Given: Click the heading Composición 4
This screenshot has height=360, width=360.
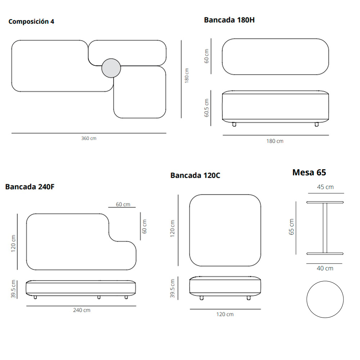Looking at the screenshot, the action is (x=31, y=22).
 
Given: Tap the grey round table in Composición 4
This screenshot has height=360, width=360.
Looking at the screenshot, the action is (x=111, y=68).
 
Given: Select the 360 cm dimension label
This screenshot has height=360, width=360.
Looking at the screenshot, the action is (x=89, y=138).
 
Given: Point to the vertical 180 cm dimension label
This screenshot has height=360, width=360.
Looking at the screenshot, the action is (x=186, y=76).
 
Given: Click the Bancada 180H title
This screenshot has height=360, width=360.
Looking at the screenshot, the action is (x=229, y=20).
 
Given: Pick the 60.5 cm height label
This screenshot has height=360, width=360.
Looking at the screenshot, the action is (x=206, y=108).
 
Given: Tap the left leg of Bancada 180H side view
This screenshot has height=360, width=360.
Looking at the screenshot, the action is (x=234, y=124).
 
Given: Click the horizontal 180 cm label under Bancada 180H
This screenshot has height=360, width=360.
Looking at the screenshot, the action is (x=275, y=141).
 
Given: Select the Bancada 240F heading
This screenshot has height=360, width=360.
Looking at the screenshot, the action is (x=30, y=186).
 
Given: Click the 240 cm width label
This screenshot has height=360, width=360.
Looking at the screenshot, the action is (x=82, y=310).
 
